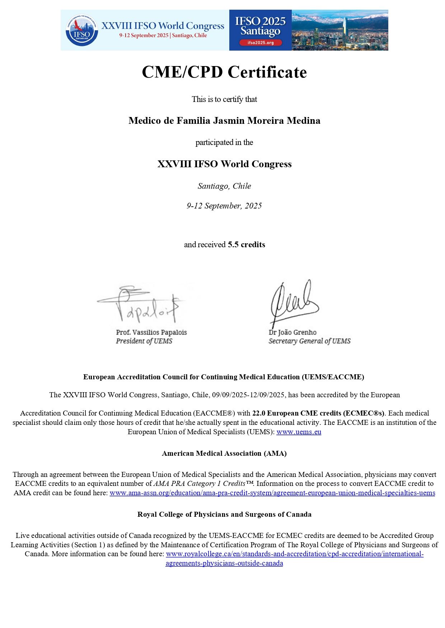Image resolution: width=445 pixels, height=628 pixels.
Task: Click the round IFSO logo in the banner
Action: coord(82,30)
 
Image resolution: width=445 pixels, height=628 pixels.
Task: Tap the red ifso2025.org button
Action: coord(261,43)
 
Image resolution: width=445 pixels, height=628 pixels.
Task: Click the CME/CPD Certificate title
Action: coord(224,72)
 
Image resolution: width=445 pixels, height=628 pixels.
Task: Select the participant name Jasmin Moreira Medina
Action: coord(224,121)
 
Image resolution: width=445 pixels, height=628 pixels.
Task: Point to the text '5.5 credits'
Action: coord(247,245)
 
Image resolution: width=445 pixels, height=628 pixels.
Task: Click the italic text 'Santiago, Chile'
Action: coord(224,186)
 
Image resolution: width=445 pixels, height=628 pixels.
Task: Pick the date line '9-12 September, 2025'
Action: coord(224,206)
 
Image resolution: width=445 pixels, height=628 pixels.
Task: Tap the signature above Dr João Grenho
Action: coord(292,301)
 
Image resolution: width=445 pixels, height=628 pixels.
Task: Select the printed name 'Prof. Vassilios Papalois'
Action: coord(151,332)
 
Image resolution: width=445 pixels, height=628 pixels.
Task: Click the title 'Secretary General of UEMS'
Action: coord(309,341)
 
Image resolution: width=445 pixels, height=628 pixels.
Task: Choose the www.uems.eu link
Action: coord(299,432)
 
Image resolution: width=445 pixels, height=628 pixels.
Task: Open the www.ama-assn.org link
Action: coord(272,493)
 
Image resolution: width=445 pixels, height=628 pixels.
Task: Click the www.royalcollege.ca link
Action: coord(294,554)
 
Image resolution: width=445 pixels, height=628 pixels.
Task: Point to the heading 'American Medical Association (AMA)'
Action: coord(224,454)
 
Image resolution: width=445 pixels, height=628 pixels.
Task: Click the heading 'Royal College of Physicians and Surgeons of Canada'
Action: coord(224,515)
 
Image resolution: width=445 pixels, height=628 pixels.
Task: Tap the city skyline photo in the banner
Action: coord(340,30)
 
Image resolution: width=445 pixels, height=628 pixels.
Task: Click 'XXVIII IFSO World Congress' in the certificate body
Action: coord(224,164)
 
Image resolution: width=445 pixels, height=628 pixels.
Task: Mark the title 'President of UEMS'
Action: coord(144,341)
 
